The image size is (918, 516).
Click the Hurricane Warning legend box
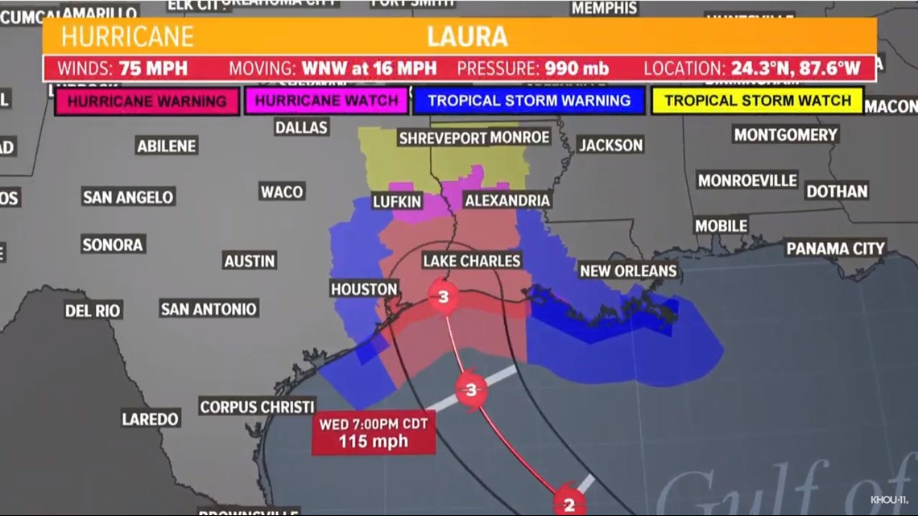point(147,101)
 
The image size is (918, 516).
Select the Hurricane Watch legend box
point(327,101)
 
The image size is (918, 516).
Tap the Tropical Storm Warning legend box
point(528,101)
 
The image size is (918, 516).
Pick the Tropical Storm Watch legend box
point(757,101)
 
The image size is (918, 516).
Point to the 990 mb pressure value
point(577,68)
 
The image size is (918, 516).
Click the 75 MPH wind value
point(153,68)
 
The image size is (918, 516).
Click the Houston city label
point(364,288)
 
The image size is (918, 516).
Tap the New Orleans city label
point(628,271)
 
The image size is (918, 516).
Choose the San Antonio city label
point(209,308)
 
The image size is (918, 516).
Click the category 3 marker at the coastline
point(443,298)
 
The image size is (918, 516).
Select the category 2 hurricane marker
point(569,504)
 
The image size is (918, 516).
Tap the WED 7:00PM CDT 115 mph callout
point(373,433)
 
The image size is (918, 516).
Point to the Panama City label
point(835,248)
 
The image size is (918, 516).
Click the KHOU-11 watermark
point(889,500)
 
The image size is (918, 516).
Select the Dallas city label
point(301,127)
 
